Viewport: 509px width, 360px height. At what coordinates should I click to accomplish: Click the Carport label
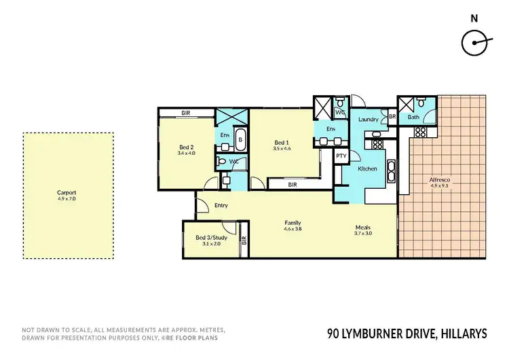[x=67, y=192]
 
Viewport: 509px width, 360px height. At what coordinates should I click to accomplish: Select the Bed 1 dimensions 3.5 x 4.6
[x=282, y=148]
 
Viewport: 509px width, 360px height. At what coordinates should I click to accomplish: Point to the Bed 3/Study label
[x=211, y=238]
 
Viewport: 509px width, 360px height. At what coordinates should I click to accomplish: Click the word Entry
[x=221, y=205]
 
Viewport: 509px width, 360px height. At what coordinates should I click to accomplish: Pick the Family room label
[x=293, y=223]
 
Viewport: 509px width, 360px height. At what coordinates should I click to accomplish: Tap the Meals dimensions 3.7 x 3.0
[x=363, y=233]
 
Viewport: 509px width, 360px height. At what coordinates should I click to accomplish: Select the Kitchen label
[x=367, y=168]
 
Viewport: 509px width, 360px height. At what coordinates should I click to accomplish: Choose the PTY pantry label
[x=342, y=156]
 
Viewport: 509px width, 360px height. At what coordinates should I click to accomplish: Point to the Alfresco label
[x=440, y=180]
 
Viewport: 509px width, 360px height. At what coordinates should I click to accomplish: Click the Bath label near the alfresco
[x=413, y=118]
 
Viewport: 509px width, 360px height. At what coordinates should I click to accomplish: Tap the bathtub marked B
[x=240, y=139]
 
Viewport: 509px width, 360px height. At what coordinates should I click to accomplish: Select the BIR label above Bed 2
[x=186, y=113]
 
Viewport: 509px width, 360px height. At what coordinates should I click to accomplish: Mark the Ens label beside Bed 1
[x=331, y=129]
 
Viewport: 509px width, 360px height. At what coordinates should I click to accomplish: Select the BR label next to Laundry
[x=392, y=117]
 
